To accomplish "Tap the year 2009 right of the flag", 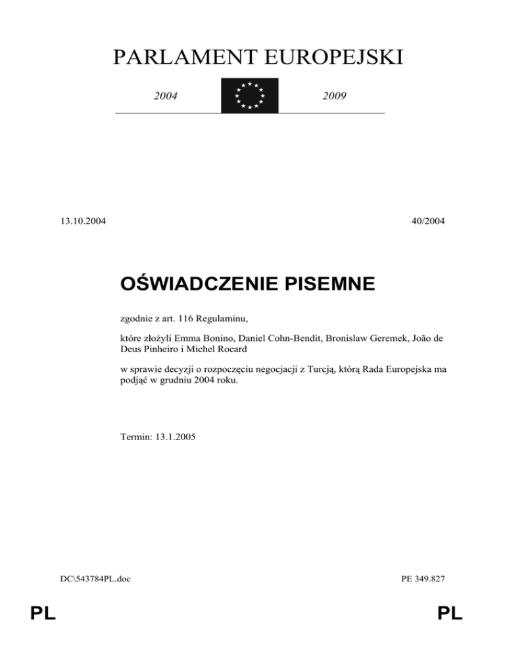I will (335, 97).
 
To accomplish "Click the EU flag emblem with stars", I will (249, 96).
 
